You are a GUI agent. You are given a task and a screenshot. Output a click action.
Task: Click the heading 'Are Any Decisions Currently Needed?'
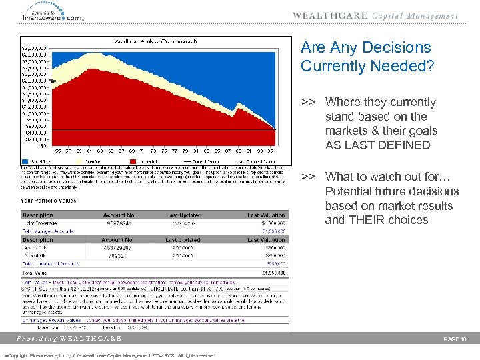pyautogui.click(x=366, y=57)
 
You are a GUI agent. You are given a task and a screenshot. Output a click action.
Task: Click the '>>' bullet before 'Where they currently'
pyautogui.click(x=308, y=102)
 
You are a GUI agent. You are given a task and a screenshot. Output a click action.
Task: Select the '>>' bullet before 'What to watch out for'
pyautogui.click(x=308, y=177)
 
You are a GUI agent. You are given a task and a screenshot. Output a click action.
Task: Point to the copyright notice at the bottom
pyautogui.click(x=110, y=355)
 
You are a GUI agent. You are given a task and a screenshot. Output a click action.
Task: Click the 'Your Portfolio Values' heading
pyautogui.click(x=48, y=200)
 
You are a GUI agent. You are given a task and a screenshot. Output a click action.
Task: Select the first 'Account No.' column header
pyautogui.click(x=119, y=215)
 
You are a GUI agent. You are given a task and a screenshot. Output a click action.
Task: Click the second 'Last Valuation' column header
pyautogui.click(x=266, y=240)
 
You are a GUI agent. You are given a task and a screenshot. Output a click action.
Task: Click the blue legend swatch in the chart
pyautogui.click(x=24, y=161)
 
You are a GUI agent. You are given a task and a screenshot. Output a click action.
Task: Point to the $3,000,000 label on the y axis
pyautogui.click(x=33, y=49)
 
